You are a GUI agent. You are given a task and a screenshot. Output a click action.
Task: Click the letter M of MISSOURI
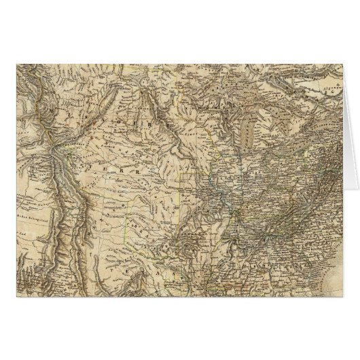click(54, 109)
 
